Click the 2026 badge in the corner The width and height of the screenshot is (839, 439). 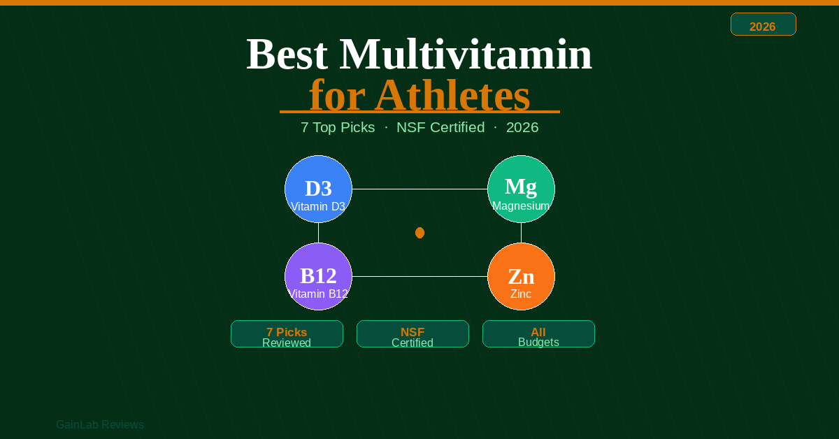click(763, 24)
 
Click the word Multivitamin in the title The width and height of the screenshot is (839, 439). click(466, 55)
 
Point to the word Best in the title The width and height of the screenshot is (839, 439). click(287, 55)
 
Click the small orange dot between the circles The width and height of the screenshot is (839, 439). click(419, 233)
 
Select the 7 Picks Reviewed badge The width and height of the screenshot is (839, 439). click(287, 334)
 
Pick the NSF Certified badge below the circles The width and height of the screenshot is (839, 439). click(413, 334)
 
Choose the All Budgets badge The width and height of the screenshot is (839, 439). click(538, 334)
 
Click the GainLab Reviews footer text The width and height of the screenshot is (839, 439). click(100, 425)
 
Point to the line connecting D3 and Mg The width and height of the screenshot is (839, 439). click(419, 189)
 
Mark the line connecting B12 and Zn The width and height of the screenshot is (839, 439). click(419, 277)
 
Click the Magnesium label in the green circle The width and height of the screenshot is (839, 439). click(521, 206)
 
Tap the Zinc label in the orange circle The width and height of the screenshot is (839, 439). click(521, 294)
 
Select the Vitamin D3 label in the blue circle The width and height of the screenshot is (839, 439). click(318, 207)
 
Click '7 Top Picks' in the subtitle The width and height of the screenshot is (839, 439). click(338, 128)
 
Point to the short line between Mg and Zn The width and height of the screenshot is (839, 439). click(521, 233)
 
